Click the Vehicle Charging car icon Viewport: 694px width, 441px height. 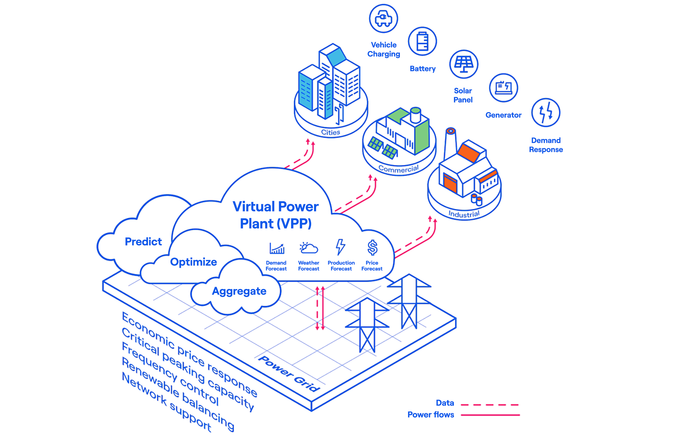383,19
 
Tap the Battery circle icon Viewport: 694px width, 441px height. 422,42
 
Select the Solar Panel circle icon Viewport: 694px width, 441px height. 464,64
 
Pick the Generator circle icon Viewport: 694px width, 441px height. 503,88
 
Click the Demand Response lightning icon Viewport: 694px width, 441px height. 546,112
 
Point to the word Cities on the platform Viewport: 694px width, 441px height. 331,132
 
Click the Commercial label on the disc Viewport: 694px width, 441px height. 398,168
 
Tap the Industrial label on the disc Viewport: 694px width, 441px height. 464,214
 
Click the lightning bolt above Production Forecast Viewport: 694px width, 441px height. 340,247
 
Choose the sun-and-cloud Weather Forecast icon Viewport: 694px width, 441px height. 308,248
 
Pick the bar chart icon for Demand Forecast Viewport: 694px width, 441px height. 277,248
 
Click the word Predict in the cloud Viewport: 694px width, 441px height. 143,241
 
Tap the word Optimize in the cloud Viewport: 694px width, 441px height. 193,262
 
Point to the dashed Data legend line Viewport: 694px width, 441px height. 490,405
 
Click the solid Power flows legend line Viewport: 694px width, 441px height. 490,415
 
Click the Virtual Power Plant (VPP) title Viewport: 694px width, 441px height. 276,215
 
